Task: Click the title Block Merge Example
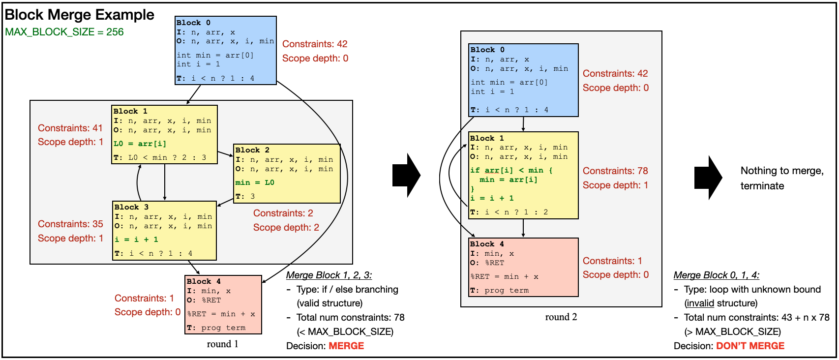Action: (x=79, y=15)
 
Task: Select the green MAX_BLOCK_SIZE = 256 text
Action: (x=64, y=32)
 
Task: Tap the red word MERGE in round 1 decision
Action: (x=346, y=346)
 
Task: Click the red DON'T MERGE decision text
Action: (x=750, y=346)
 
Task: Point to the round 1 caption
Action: (x=222, y=344)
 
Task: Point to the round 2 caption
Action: (x=561, y=317)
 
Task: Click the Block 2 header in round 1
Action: (x=252, y=150)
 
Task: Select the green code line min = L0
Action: (x=255, y=182)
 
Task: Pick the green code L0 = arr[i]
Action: (x=140, y=144)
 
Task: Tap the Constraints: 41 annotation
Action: (x=70, y=128)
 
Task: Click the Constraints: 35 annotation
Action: (x=70, y=224)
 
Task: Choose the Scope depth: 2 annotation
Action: (x=286, y=227)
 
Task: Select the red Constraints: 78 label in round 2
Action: (x=615, y=171)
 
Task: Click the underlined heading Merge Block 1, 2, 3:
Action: (x=329, y=275)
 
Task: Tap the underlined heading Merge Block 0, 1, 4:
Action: (x=716, y=275)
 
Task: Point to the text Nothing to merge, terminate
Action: (x=781, y=178)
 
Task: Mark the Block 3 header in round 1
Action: (x=131, y=207)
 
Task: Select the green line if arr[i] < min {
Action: (x=511, y=170)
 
